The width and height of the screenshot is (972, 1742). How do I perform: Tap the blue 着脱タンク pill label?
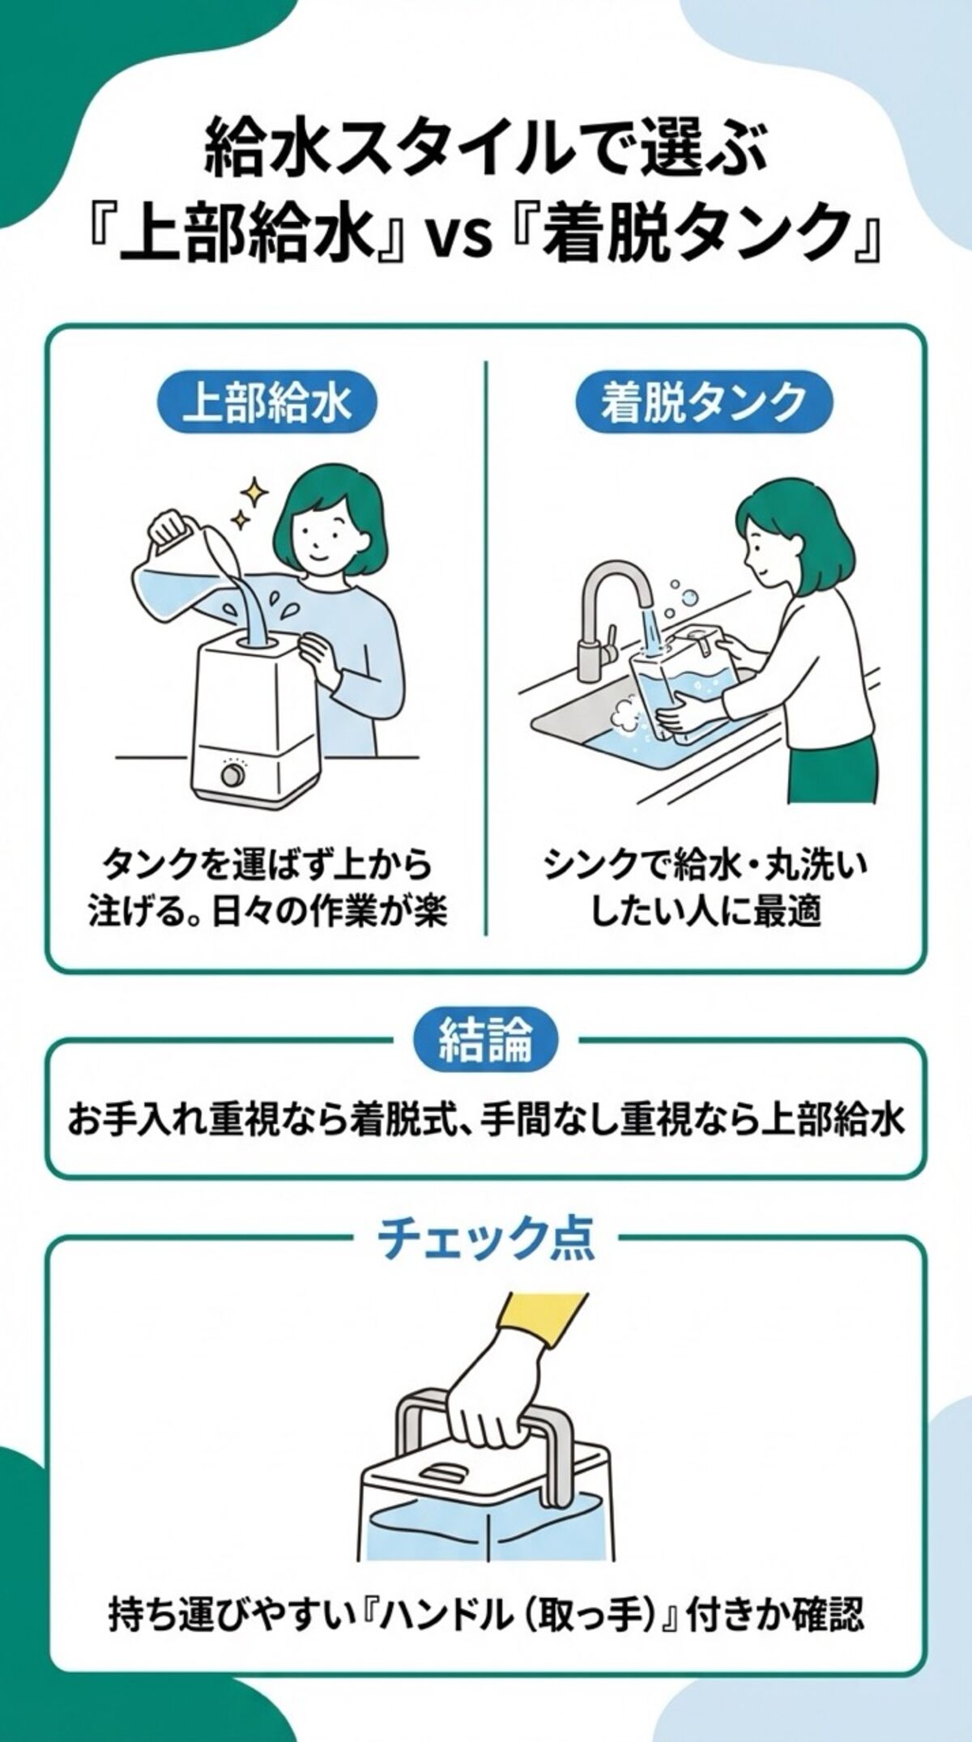click(x=703, y=402)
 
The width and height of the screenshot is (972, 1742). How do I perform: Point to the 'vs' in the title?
click(x=464, y=239)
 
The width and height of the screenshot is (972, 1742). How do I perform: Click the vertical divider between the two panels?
click(x=486, y=648)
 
